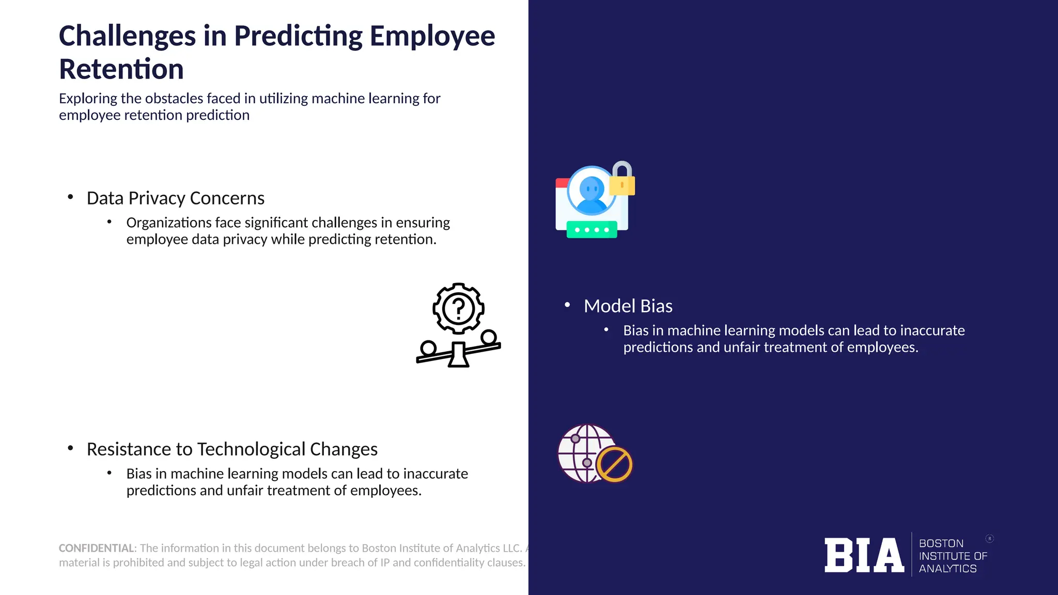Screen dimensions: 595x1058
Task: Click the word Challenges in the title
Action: pos(127,37)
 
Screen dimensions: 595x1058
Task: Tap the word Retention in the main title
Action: pos(121,70)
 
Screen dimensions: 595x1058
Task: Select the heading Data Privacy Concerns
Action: pos(175,198)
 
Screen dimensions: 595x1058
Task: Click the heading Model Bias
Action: pos(628,306)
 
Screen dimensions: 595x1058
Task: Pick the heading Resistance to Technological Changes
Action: pos(232,449)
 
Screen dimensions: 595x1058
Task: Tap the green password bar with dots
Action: pos(592,230)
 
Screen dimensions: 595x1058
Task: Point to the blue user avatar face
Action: pos(591,189)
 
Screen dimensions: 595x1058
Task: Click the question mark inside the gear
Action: pos(458,308)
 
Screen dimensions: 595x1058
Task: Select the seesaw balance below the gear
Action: pos(458,351)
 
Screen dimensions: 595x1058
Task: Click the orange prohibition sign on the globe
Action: pos(614,464)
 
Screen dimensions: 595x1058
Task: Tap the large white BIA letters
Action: pos(864,555)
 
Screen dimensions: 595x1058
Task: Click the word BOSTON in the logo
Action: pos(941,543)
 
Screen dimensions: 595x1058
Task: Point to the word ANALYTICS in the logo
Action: pos(947,569)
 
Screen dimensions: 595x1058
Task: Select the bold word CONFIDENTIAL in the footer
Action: pos(97,548)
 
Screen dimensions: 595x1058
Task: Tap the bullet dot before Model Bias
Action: pos(567,305)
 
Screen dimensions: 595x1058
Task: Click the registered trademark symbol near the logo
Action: pos(989,539)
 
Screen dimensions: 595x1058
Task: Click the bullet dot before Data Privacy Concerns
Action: pos(70,197)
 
